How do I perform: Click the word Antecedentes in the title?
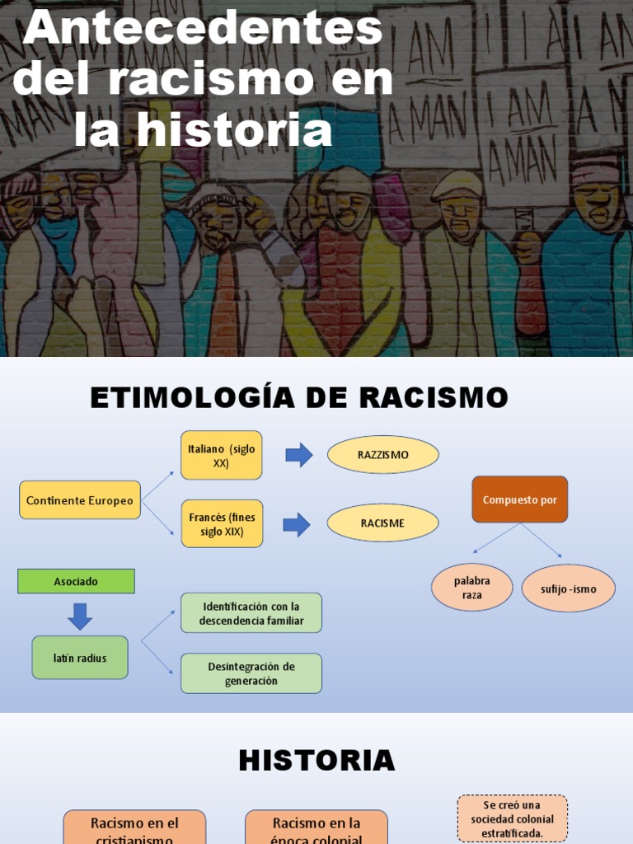203,30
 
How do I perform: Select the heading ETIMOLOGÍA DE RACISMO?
298,398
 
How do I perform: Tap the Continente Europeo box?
80,500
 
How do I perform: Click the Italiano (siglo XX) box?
221,456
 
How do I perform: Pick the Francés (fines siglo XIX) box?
222,524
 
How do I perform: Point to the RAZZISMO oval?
382,455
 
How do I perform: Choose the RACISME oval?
382,523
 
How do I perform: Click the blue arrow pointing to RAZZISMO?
298,455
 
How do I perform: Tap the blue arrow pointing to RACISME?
296,524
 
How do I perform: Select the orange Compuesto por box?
519,499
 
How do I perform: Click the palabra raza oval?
471,588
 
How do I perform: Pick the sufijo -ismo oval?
568,588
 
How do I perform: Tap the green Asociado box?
76,581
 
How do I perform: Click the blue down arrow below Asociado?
80,616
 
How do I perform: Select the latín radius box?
80,658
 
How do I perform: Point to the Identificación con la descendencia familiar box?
251,613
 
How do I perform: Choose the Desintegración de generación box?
251,673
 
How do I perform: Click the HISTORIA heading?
316,761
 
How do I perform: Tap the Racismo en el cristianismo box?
134,828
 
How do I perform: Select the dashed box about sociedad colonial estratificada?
512,818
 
